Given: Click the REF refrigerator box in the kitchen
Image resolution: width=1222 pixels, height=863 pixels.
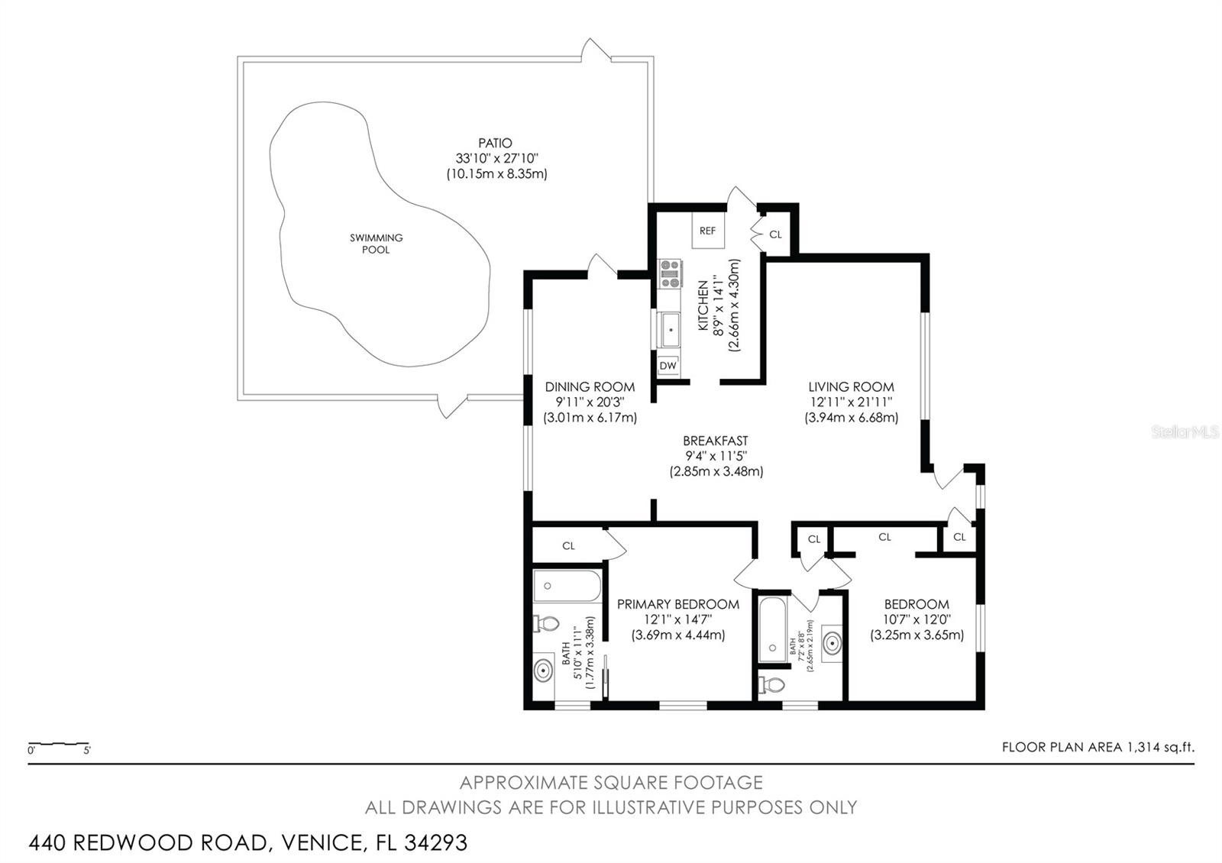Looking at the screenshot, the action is pos(708,230).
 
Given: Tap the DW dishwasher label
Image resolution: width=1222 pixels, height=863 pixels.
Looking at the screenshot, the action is pos(668,366).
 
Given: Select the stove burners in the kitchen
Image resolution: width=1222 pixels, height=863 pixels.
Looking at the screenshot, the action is pos(671,273).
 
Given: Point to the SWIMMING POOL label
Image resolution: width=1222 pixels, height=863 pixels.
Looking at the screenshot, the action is pos(376,244).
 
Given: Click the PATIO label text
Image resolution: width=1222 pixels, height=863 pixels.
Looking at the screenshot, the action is pos(496,143).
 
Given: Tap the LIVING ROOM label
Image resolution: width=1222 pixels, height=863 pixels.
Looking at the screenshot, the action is pos(851,386).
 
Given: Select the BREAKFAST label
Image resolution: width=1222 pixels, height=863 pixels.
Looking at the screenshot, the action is pos(715,440).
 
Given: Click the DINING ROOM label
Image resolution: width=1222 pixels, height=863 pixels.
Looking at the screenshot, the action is pos(590,386).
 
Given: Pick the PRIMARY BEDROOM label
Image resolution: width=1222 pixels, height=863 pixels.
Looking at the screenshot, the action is pos(678,604).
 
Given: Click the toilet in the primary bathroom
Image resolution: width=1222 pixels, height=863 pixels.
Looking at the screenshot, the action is pos(546,622).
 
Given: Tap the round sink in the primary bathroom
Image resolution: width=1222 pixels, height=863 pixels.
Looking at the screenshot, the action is pos(543,671).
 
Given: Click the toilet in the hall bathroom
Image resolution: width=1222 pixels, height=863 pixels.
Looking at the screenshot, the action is pos(771,684).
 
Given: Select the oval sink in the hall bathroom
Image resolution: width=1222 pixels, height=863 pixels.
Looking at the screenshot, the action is pos(832,644).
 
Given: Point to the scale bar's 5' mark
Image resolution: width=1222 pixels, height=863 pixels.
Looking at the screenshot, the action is pos(87,751).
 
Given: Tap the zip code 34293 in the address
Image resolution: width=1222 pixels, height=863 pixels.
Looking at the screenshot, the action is pos(436,842).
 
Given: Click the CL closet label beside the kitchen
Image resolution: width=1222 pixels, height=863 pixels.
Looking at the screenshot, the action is pos(775,234).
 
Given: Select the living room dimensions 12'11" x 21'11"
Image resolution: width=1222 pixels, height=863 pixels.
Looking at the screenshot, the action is pos(851,402).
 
